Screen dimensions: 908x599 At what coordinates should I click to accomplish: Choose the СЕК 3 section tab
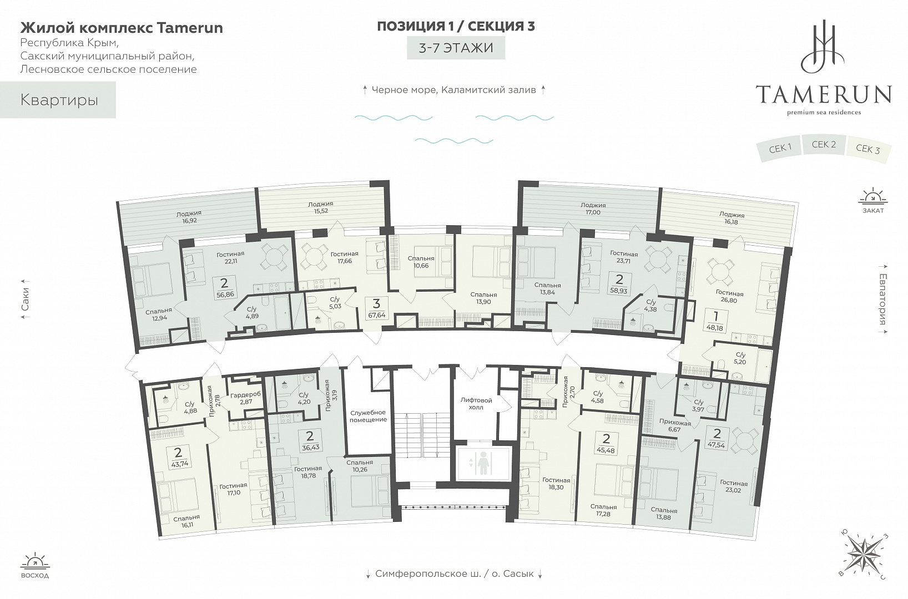click(867, 149)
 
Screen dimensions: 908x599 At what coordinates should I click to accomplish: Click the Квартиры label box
click(58, 100)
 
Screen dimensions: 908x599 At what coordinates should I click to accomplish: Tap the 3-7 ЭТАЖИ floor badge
click(456, 48)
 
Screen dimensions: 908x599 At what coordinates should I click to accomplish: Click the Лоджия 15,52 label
click(321, 207)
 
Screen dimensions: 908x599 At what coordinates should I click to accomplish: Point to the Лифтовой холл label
click(476, 403)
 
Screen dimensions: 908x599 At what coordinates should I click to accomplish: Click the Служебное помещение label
click(369, 416)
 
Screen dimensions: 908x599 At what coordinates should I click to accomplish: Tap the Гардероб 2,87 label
click(246, 398)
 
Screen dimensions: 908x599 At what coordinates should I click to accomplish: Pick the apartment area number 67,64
click(376, 314)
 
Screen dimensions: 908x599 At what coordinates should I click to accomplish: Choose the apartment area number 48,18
click(714, 328)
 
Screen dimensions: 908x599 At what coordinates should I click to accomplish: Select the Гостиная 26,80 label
click(729, 297)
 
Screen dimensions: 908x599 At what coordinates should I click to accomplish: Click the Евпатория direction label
click(882, 299)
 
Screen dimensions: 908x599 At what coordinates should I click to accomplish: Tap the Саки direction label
click(25, 299)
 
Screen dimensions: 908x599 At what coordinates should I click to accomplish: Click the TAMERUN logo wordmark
click(824, 94)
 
